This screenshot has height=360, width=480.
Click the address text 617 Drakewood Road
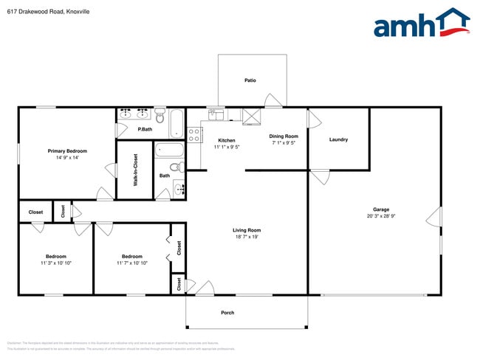pyautogui.click(x=37, y=12)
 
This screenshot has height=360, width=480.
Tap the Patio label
pyautogui.click(x=250, y=80)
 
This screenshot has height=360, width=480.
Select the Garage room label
pyautogui.click(x=381, y=210)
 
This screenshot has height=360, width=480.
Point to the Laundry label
pyautogui.click(x=338, y=139)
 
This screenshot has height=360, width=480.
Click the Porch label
pyautogui.click(x=227, y=313)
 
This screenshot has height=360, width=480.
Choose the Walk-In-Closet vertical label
pyautogui.click(x=136, y=170)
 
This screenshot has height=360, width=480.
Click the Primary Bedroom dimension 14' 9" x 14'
pyautogui.click(x=66, y=157)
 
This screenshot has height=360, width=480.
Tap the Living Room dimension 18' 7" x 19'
pyautogui.click(x=247, y=237)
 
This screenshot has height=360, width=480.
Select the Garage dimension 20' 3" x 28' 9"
pyautogui.click(x=381, y=216)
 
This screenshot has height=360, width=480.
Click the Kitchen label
pyautogui.click(x=227, y=140)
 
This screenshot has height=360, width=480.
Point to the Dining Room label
pyautogui.click(x=283, y=136)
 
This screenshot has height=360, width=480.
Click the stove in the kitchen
pyautogui.click(x=195, y=134)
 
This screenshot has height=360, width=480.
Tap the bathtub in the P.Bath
pyautogui.click(x=177, y=124)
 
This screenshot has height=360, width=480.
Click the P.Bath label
pyautogui.click(x=145, y=130)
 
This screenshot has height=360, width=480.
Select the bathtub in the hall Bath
pyautogui.click(x=168, y=152)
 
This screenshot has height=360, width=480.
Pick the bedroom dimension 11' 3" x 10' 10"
pyautogui.click(x=56, y=263)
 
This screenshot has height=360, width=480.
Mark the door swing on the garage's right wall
pyautogui.click(x=436, y=218)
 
